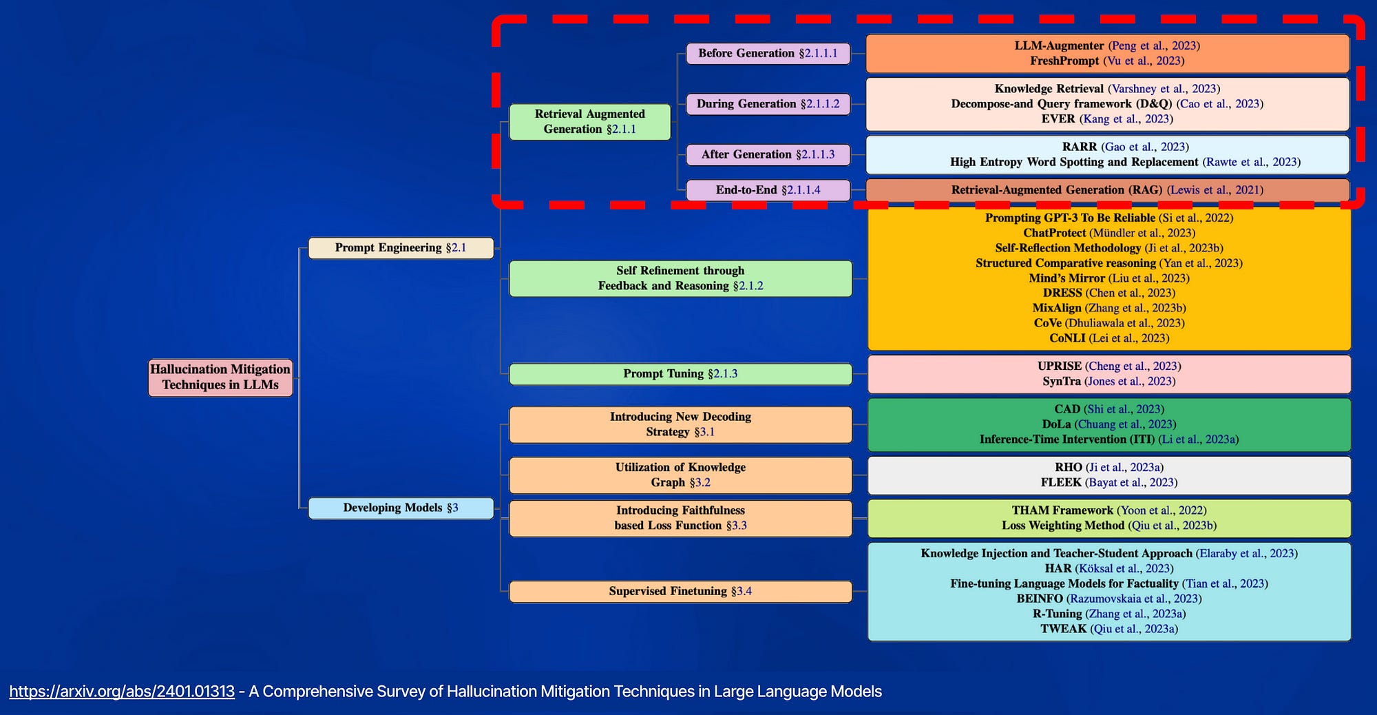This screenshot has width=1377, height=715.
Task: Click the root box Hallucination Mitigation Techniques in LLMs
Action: click(220, 377)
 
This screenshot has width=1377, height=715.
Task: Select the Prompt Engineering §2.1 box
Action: click(401, 247)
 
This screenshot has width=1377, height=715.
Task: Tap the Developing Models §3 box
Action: click(401, 508)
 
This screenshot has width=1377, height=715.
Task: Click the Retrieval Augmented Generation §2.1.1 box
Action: click(589, 121)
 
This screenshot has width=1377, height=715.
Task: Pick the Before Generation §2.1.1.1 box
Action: click(768, 53)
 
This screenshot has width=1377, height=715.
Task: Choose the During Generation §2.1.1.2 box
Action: click(768, 104)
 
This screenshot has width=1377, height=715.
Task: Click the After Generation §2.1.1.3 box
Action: click(768, 154)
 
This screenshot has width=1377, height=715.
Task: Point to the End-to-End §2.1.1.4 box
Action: click(768, 189)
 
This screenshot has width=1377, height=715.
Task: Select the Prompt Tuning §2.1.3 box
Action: click(680, 373)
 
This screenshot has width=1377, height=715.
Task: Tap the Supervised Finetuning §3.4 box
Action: click(680, 591)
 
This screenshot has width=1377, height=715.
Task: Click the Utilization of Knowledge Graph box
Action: click(680, 475)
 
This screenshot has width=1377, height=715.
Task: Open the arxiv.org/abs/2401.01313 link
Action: click(122, 692)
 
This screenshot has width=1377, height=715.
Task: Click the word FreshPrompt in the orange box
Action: click(1064, 61)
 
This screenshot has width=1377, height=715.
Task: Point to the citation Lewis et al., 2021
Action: click(1215, 189)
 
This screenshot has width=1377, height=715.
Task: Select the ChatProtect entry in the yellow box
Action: click(1054, 233)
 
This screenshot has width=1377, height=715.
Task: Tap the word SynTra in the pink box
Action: click(1061, 381)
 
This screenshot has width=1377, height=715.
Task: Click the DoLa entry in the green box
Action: click(1056, 424)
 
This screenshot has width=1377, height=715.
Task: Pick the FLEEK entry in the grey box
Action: click(1061, 482)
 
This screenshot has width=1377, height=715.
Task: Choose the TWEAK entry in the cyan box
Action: click(1063, 629)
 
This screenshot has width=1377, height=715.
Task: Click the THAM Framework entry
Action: click(1062, 510)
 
